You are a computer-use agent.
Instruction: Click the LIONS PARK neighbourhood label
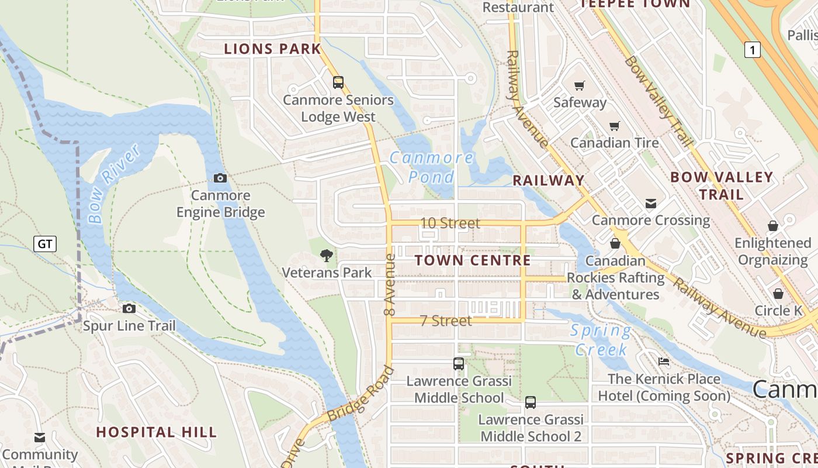coord(273,49)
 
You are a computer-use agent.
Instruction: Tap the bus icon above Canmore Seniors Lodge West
coord(338,82)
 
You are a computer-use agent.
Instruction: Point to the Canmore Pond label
coord(432,167)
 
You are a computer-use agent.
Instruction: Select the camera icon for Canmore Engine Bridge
coord(220,178)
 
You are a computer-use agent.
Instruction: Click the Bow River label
coord(114,184)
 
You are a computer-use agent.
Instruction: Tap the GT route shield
coord(45,243)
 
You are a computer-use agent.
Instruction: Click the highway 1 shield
coord(753,50)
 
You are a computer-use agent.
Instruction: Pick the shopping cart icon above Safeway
coord(579,86)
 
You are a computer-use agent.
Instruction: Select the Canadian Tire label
coord(614,143)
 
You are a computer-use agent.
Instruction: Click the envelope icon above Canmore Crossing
coord(651,204)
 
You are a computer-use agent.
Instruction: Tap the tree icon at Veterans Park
coord(327,255)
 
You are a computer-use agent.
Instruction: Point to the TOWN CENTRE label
coord(473,260)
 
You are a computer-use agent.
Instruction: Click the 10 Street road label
coord(450,223)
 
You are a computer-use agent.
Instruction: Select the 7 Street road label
coord(446,321)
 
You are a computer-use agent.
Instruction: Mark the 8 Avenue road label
coord(390,284)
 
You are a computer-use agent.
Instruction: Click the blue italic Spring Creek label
coord(601,340)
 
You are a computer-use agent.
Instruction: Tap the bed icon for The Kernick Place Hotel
coord(664,362)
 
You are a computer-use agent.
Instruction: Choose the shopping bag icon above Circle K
coord(778,293)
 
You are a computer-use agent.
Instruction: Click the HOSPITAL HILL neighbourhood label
coord(156,432)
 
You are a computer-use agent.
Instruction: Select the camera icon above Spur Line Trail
coord(129,308)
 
